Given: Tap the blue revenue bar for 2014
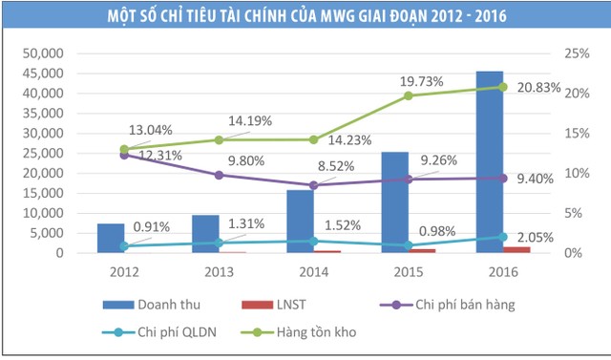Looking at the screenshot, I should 301,222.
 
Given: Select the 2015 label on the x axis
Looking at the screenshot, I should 409,270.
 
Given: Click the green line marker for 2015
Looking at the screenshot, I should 409,95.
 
